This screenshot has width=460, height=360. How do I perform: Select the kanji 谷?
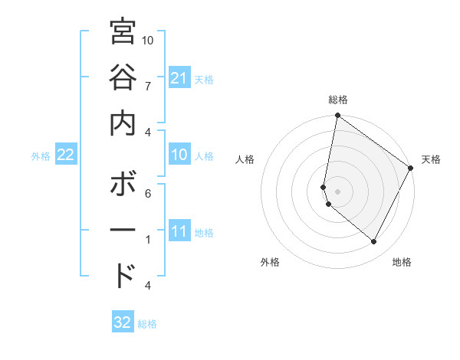click(123, 77)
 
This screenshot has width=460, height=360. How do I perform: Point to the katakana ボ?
click(123, 186)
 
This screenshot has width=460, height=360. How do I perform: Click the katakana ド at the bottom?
click(123, 275)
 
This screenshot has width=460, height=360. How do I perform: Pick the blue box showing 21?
click(179, 77)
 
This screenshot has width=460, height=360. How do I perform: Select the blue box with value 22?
click(66, 155)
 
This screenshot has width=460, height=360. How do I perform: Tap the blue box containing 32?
click(123, 322)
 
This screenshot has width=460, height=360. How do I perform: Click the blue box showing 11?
click(179, 232)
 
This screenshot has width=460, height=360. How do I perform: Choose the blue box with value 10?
click(179, 155)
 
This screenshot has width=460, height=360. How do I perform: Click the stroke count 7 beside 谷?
click(147, 85)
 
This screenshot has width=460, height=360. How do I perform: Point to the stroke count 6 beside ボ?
click(147, 193)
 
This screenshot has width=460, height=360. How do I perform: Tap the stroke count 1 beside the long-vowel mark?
click(147, 240)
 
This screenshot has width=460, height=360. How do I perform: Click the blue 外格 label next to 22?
click(41, 156)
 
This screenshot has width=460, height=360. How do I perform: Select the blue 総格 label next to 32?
click(147, 324)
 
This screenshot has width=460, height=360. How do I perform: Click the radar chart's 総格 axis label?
click(337, 100)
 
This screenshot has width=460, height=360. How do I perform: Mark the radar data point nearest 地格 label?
click(373, 241)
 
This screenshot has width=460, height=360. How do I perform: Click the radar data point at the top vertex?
click(337, 116)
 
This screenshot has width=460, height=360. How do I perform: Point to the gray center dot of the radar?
click(337, 191)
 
